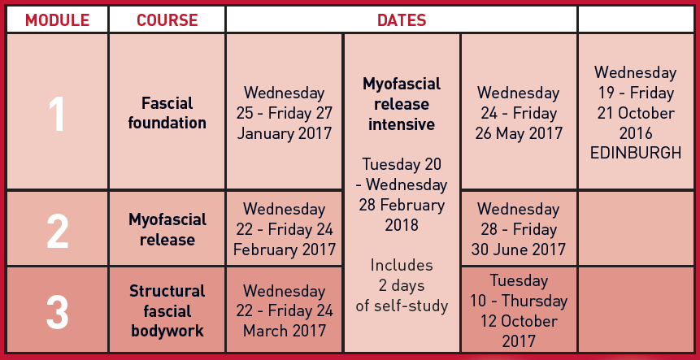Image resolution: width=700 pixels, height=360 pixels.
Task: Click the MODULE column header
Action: coord(57,20)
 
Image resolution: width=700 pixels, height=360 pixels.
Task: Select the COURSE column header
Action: coord(167,20)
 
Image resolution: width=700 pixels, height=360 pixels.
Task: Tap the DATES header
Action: coord(402,20)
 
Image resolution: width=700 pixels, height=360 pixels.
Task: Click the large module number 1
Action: coord(57,114)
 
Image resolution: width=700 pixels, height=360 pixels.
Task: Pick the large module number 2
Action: coord(57,232)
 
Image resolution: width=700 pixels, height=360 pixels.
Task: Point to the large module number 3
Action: coord(57,310)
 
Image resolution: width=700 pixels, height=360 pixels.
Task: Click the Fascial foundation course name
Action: coord(167,113)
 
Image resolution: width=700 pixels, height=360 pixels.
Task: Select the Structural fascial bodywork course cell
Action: coord(167,310)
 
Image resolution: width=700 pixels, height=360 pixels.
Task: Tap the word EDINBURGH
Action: coord(636,154)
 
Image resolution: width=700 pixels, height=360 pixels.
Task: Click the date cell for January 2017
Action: coord(285,111)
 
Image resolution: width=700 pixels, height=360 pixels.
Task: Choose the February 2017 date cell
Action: coord(285,228)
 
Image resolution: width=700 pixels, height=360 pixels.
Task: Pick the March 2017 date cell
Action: coord(285,310)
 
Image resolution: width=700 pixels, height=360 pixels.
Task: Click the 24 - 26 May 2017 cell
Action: coord(519,111)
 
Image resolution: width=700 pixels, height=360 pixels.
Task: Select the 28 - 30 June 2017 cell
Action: coord(519,228)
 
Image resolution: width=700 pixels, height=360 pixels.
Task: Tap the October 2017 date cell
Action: coord(519,310)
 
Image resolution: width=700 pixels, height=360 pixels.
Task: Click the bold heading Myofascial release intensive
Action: coord(402,104)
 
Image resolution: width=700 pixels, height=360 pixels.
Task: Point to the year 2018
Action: coord(402,225)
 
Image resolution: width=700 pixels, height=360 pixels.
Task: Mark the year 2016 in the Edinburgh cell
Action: coord(636,133)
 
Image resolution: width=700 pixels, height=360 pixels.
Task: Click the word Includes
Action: coord(402,265)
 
